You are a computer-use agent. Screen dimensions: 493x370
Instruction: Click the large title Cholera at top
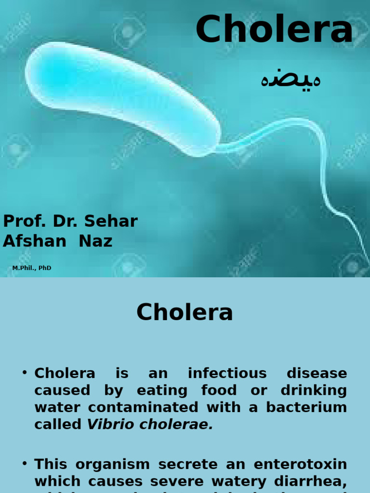pos(274,30)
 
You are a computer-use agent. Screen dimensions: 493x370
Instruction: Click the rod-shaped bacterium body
pos(120,96)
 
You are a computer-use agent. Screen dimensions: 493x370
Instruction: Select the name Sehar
pos(111,221)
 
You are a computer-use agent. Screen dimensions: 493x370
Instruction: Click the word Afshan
pos(34,241)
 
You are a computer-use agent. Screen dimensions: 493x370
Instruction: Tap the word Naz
pos(95,241)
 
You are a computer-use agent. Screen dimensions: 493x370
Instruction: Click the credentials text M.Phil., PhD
pos(32,268)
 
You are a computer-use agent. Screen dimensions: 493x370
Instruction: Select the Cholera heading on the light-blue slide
pos(185,312)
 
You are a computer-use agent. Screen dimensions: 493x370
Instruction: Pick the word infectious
pos(227,373)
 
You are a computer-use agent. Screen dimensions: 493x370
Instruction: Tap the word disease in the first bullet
pos(317,373)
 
